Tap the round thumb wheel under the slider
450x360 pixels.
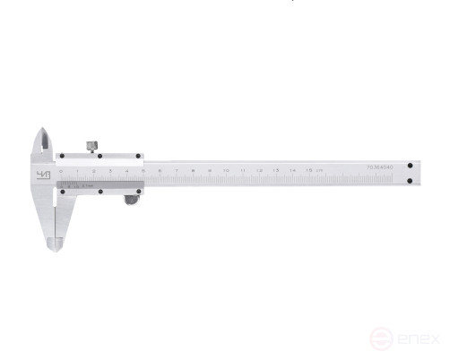click(x=131, y=201)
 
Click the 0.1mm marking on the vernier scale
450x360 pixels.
click(x=90, y=186)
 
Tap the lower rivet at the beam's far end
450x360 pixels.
click(x=410, y=182)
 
